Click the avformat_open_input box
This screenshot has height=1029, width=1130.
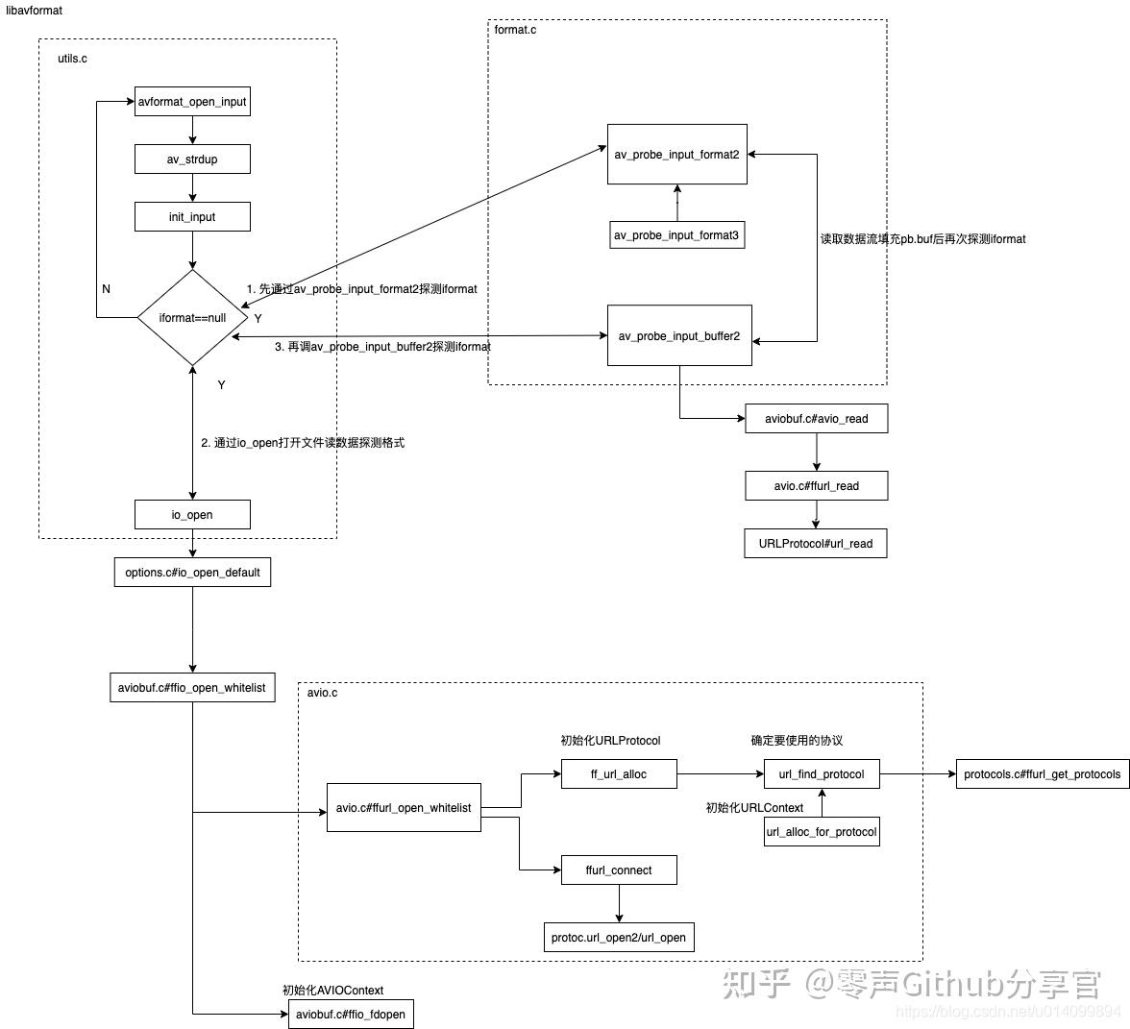(192, 102)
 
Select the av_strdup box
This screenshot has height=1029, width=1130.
(192, 159)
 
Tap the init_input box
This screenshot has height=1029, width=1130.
(192, 217)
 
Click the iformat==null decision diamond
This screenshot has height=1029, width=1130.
(192, 317)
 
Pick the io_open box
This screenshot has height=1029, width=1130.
(192, 515)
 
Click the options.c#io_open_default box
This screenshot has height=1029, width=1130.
(192, 573)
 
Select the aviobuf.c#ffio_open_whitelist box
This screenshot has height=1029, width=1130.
(192, 688)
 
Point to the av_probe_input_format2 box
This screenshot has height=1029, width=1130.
(676, 154)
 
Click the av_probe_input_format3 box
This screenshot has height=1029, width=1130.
(676, 234)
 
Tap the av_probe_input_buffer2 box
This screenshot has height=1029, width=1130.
(678, 335)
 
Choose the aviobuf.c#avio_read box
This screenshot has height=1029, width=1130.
(816, 419)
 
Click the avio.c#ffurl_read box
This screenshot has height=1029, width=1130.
(816, 486)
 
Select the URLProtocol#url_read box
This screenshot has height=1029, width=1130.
(816, 544)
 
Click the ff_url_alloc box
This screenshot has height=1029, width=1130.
(618, 774)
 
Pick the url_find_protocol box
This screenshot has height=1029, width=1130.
(821, 774)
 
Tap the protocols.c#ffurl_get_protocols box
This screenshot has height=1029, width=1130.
(1042, 774)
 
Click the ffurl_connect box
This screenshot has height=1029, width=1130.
(618, 870)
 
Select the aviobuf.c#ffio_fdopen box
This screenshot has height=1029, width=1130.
(351, 1015)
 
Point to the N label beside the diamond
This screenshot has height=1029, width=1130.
(106, 289)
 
